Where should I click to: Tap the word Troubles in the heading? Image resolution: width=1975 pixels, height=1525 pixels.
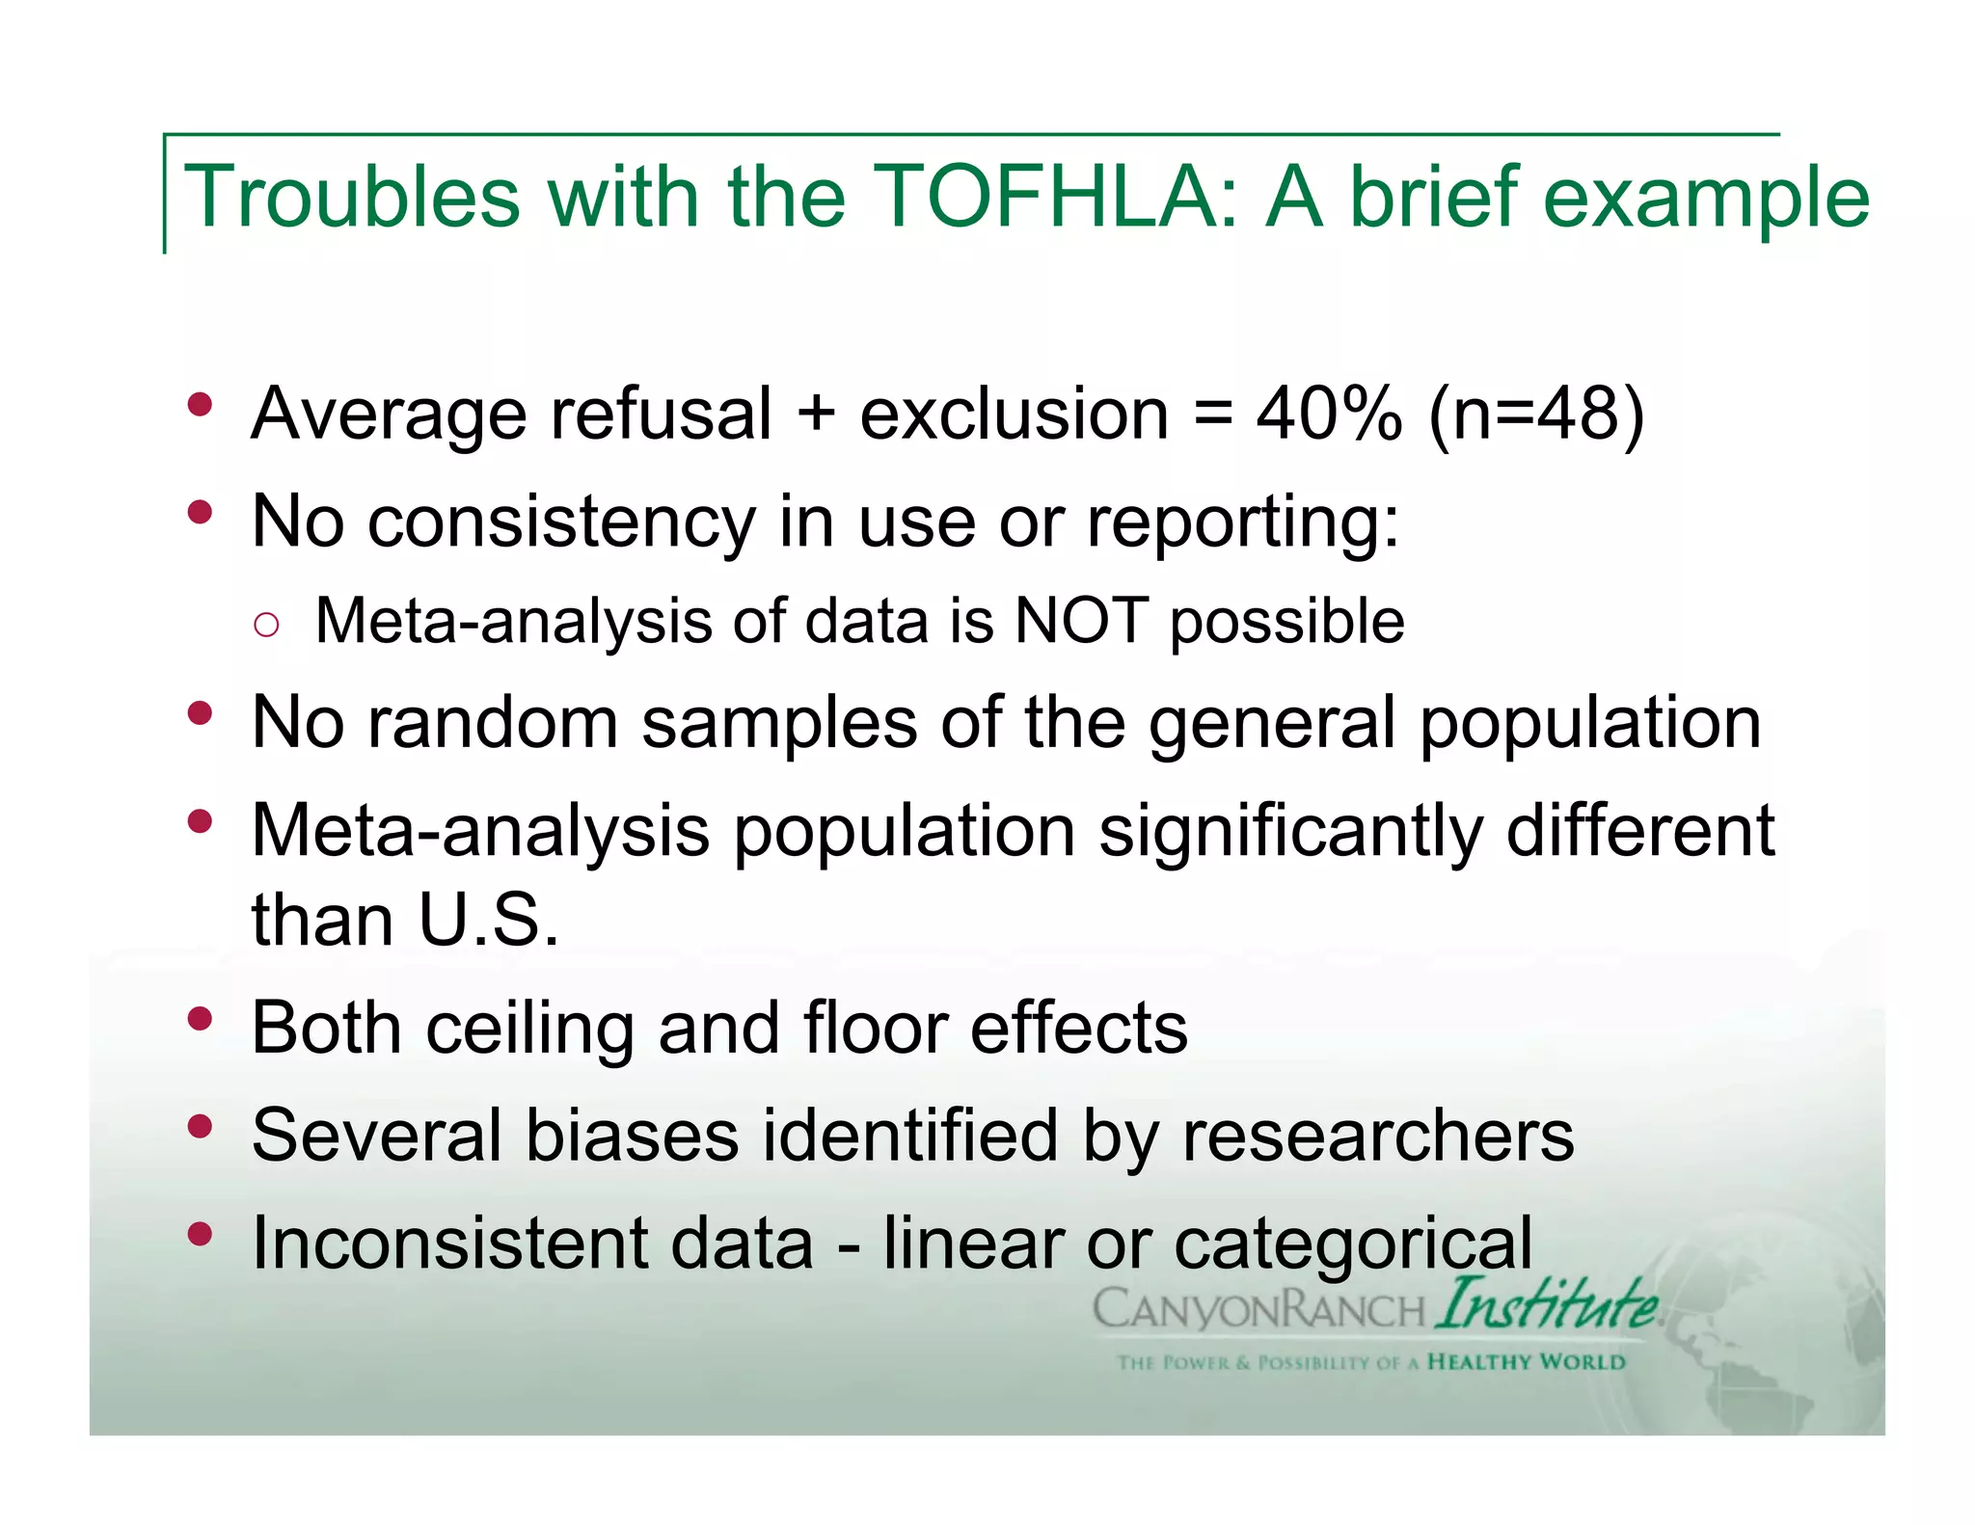pos(351,197)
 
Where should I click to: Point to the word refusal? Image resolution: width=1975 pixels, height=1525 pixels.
pos(661,414)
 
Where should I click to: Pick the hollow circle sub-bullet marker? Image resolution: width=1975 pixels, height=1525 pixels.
pos(266,625)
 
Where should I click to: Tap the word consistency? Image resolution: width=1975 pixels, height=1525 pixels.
pos(561,522)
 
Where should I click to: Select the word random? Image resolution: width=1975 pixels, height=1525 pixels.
pos(492,723)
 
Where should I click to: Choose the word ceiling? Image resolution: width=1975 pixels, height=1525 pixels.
pos(529,1028)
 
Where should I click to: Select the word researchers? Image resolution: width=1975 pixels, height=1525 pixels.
pos(1378,1136)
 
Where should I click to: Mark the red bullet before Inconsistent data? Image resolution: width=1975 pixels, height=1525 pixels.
pos(200,1233)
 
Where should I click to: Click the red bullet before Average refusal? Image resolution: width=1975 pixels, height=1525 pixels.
pos(200,405)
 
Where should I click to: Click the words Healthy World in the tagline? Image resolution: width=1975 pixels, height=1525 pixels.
pos(1526,1362)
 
